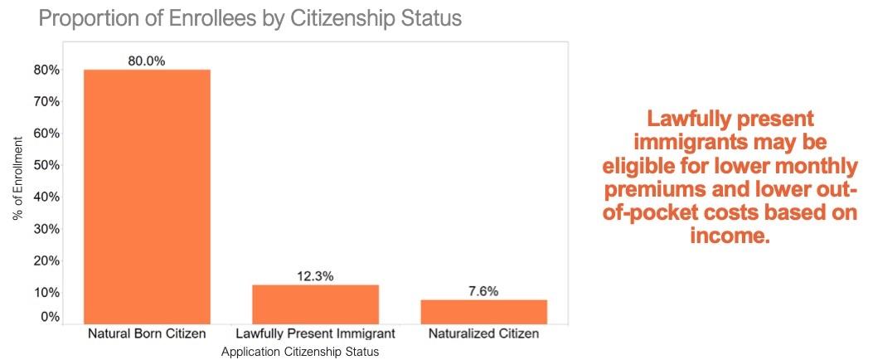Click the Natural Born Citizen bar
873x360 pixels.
coord(147,196)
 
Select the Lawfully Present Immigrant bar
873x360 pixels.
coord(315,304)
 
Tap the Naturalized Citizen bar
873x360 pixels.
coord(483,311)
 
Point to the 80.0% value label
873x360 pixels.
coord(147,61)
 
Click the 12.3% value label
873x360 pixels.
coord(315,276)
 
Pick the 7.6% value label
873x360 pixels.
coord(483,291)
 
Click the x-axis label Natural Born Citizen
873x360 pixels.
coord(147,334)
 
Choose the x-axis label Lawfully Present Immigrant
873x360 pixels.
coord(315,334)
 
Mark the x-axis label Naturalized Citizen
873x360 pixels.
coord(483,334)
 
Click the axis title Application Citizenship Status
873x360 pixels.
coord(300,352)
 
